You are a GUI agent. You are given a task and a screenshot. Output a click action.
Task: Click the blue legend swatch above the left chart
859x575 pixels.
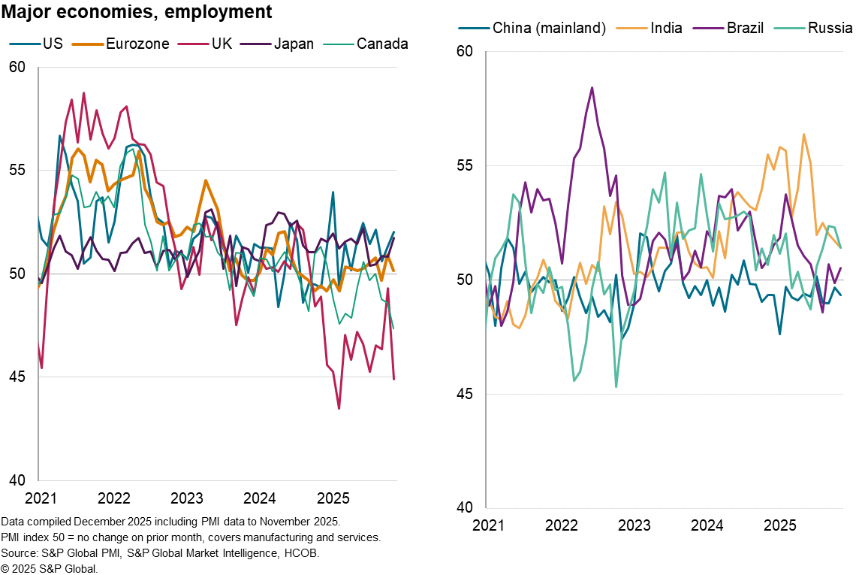pos(25,44)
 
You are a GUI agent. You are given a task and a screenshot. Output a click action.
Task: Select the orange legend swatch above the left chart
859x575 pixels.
pos(88,44)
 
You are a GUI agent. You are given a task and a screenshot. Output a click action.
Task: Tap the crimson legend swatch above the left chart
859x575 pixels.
pos(193,44)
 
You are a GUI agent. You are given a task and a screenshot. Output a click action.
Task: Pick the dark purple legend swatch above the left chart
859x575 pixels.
pos(255,44)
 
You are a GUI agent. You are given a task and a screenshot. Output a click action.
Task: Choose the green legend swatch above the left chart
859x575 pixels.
pos(338,44)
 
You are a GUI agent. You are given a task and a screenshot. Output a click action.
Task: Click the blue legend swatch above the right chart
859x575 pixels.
pos(474,29)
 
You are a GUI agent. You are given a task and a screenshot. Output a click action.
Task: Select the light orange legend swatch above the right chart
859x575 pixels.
pos(631,29)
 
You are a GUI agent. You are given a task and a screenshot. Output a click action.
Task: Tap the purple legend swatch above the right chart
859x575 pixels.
pos(709,29)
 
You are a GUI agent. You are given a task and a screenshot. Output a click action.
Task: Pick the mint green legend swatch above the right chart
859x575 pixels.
pos(789,29)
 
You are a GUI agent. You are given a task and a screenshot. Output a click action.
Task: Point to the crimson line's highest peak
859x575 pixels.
pos(83,93)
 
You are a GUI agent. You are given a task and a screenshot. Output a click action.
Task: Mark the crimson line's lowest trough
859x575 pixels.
pos(339,408)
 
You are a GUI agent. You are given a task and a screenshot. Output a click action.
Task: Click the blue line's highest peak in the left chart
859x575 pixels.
pos(60,136)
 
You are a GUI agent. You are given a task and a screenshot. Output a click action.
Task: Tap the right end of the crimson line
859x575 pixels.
pos(394,379)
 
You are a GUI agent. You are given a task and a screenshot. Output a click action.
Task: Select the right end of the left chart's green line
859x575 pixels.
pos(393,328)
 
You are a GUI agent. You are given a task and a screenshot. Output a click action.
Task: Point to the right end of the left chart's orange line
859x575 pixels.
pos(393,271)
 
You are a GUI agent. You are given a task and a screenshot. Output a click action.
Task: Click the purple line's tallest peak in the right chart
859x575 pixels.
pos(592,88)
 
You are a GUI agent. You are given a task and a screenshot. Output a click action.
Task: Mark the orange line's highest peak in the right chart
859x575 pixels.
pos(803,135)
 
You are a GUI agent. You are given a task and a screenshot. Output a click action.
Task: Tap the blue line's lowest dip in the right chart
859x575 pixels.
pos(779,333)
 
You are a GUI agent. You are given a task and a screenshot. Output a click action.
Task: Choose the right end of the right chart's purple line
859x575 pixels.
pos(840,268)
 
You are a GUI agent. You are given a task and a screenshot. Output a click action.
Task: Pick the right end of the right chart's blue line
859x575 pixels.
pos(840,294)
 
